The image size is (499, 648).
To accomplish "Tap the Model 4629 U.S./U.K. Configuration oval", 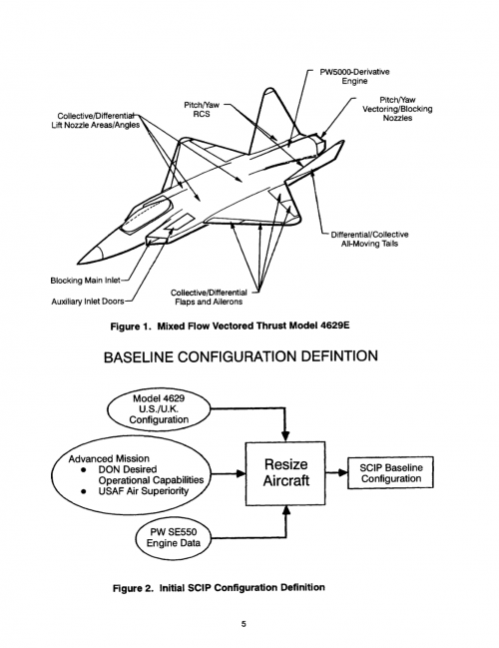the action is (x=159, y=409).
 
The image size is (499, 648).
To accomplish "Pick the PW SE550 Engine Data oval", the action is (x=173, y=537).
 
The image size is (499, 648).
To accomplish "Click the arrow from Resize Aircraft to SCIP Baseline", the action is (x=336, y=472).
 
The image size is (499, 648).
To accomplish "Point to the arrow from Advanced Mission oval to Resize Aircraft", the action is (x=227, y=473).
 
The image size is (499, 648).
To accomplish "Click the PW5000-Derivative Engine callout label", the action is (x=354, y=77).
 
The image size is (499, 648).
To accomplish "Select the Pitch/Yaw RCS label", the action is (x=202, y=110).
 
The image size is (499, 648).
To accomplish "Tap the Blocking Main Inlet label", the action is (x=85, y=281).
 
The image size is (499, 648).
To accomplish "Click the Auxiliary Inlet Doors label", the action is (x=88, y=302).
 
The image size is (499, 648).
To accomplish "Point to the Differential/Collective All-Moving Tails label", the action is (x=369, y=239).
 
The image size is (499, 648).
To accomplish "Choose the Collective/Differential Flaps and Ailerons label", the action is (x=209, y=298).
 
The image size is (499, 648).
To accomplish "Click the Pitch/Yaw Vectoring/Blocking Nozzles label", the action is (x=397, y=109).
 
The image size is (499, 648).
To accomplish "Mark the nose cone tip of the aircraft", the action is (x=78, y=264).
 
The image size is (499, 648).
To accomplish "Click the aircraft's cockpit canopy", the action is (x=146, y=213).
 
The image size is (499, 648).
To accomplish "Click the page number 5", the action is (x=244, y=624).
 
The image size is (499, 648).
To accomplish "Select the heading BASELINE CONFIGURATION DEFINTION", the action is (x=241, y=356).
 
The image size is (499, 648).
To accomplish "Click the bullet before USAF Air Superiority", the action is (x=84, y=491).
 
